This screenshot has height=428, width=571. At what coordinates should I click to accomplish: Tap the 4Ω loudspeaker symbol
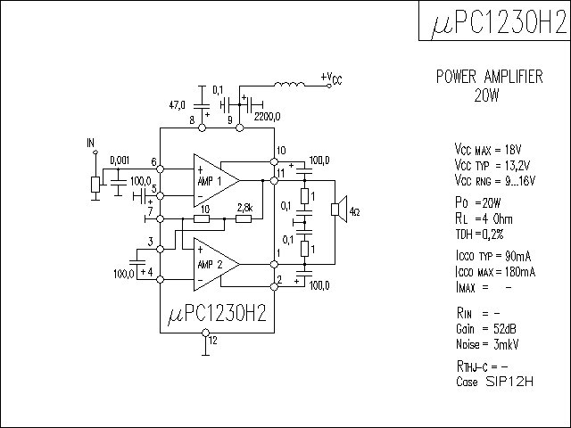point(338,210)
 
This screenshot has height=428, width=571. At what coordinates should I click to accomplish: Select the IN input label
point(90,143)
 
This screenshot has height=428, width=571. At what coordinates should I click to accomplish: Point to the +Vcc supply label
point(331,78)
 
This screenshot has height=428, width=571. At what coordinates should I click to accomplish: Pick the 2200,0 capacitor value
point(267,116)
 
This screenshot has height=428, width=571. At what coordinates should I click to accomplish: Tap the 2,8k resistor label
point(244,208)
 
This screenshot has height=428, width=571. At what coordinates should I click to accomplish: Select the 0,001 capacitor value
point(119,160)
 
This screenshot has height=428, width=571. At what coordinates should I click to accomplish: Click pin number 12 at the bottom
point(212,340)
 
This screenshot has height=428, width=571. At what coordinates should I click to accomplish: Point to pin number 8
point(192,119)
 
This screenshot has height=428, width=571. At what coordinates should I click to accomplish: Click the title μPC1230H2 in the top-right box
point(493,21)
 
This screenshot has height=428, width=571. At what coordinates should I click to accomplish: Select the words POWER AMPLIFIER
point(489,78)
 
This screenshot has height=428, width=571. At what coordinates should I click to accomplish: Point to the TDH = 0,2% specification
point(480,234)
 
